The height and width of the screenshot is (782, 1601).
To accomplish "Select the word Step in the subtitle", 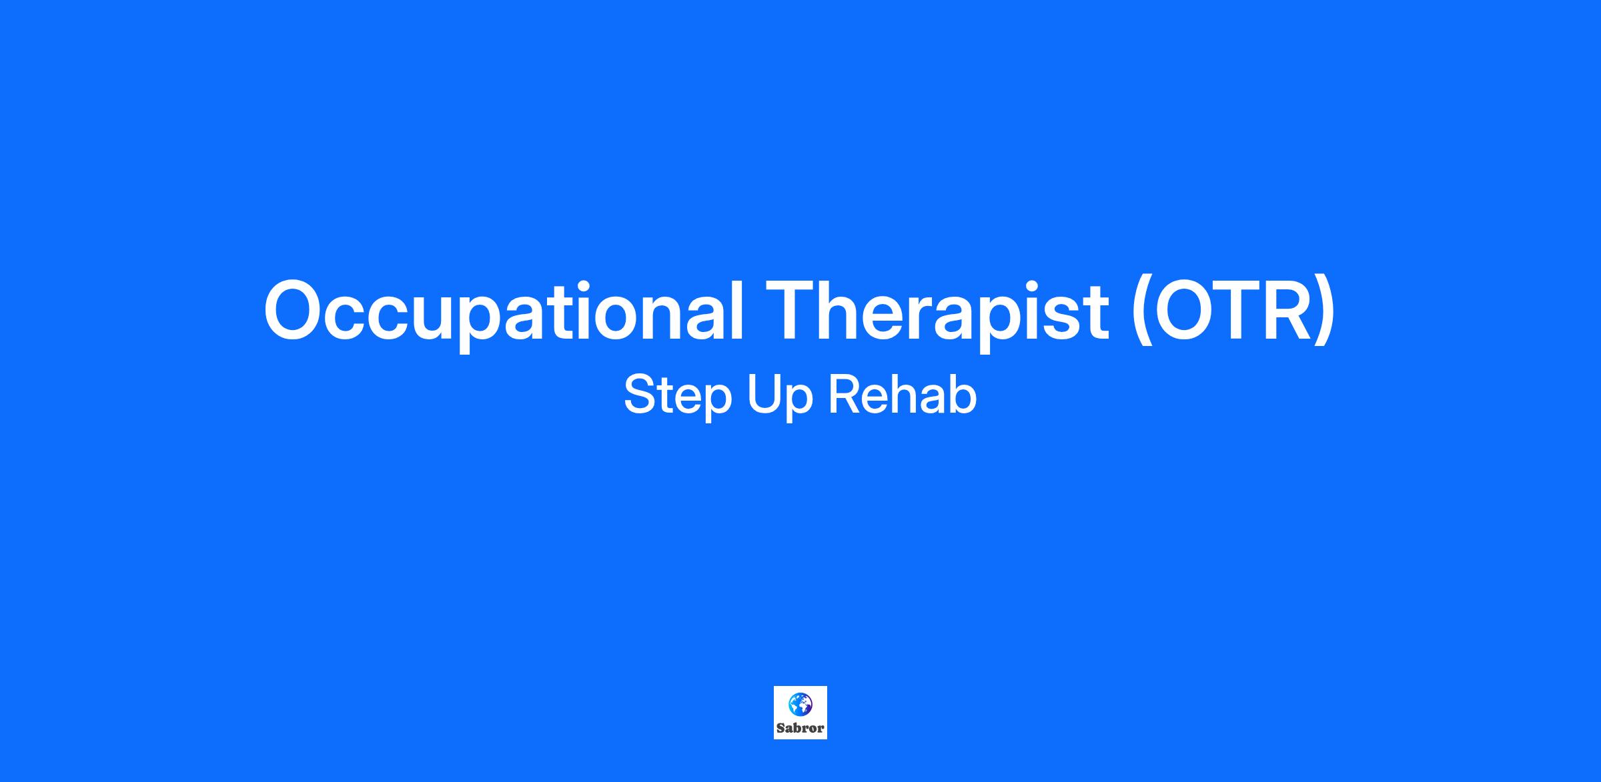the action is coord(678,397).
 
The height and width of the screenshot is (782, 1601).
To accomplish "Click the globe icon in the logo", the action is coord(800,704).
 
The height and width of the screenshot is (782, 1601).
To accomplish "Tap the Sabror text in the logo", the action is coord(800,729).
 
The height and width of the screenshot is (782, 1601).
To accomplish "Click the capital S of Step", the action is coord(641,395).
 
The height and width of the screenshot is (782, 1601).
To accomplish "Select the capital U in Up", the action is coord(764,395).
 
